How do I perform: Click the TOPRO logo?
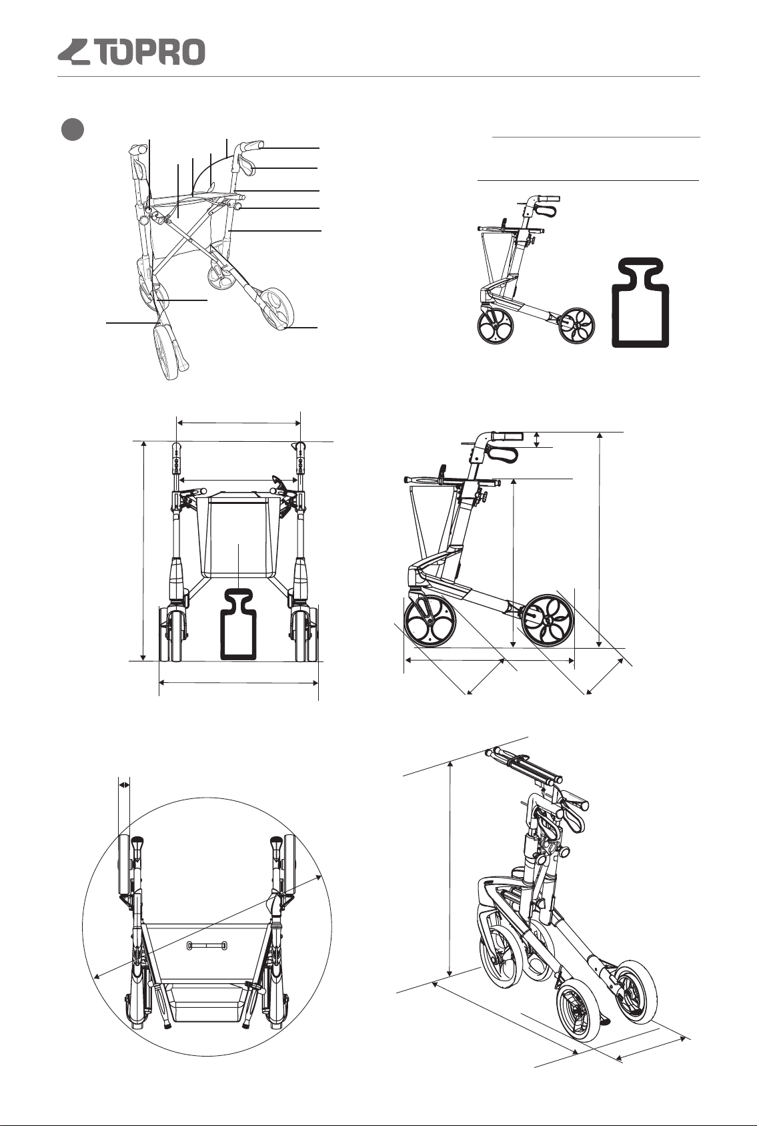tap(131, 52)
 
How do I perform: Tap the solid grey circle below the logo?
tap(72, 129)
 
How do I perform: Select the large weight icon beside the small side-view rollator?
tap(640, 302)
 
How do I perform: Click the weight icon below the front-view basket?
tap(239, 625)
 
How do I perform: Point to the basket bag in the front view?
tap(239, 535)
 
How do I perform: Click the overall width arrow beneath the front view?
tap(239, 683)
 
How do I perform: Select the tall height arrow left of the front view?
tap(143, 551)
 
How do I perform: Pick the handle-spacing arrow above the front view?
tap(239, 423)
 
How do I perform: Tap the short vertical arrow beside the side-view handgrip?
tap(537, 439)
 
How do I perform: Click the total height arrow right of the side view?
tap(600, 539)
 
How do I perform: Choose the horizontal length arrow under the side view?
tap(490, 660)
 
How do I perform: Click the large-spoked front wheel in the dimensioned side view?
tap(430, 621)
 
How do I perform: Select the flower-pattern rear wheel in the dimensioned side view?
tap(547, 621)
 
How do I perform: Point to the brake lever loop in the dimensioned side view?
tap(502, 454)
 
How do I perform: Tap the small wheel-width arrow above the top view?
tap(124, 785)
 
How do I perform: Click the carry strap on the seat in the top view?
tap(207, 946)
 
